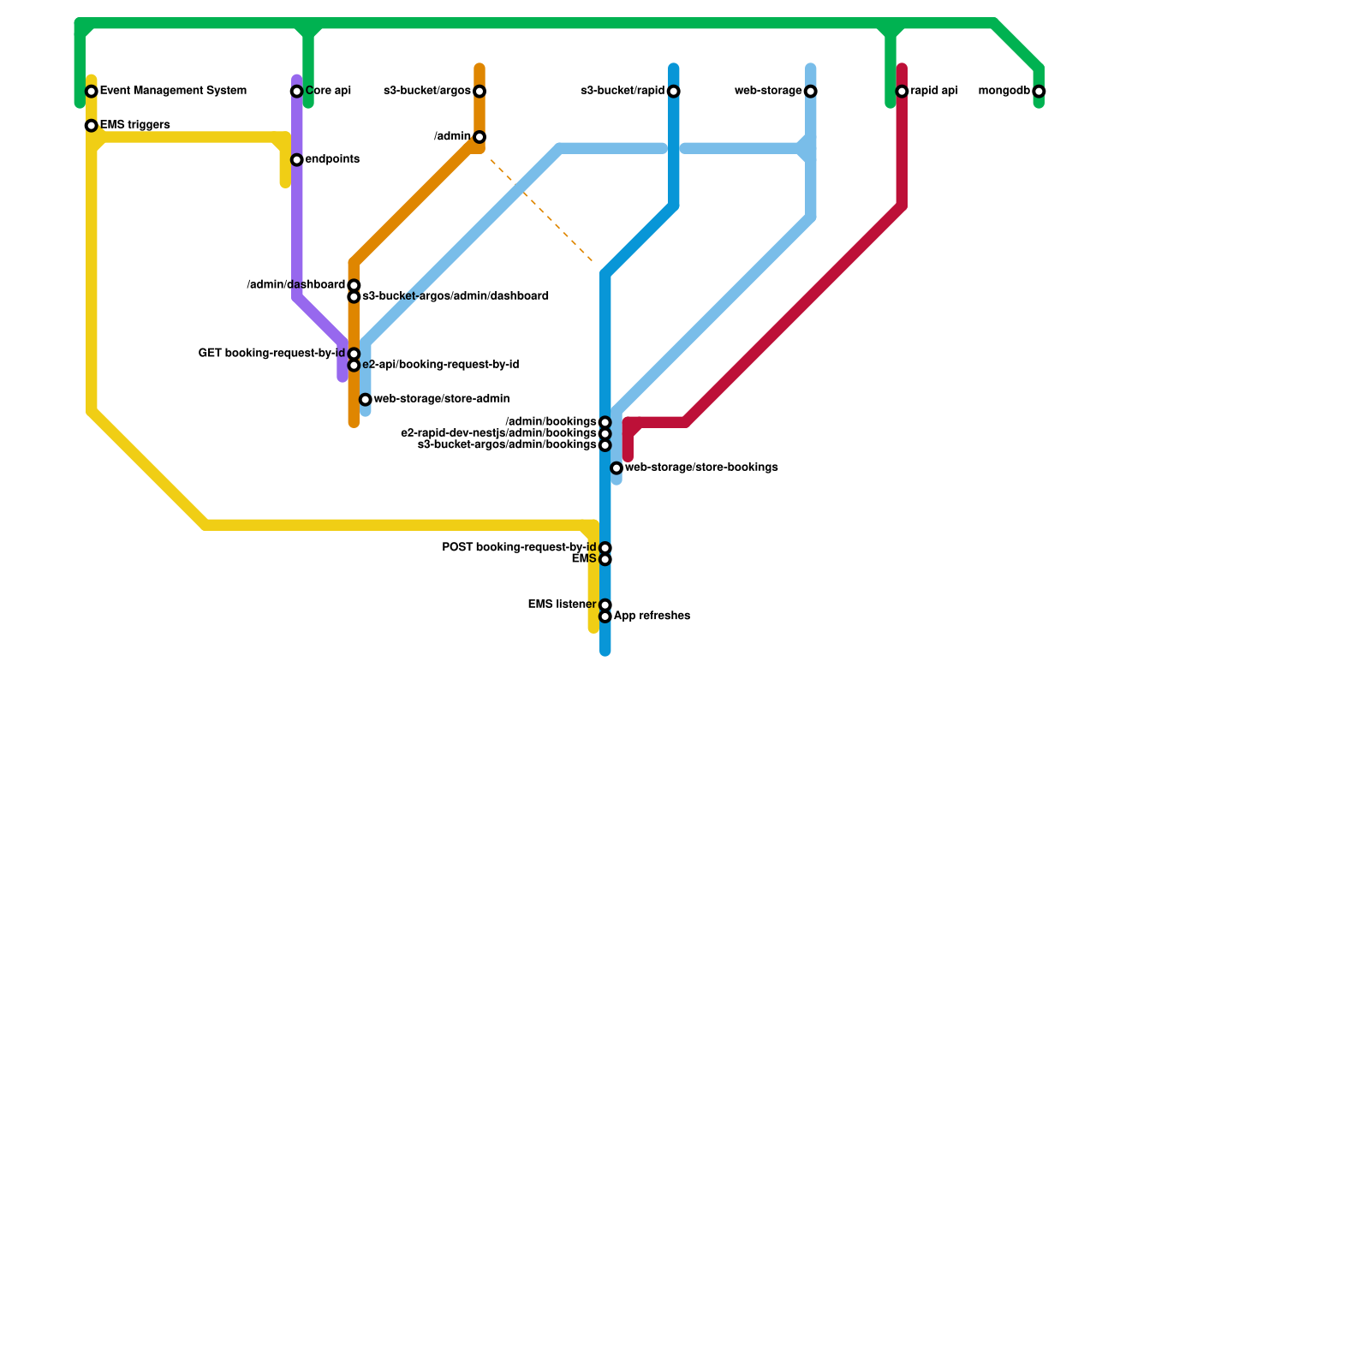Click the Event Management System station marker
pyautogui.click(x=92, y=92)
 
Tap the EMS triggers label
pyautogui.click(x=134, y=126)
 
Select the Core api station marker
pyautogui.click(x=296, y=92)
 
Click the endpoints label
pyautogui.click(x=331, y=160)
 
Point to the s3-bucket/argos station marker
pyautogui.click(x=479, y=92)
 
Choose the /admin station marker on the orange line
pyautogui.click(x=479, y=137)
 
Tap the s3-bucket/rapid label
pyautogui.click(x=622, y=92)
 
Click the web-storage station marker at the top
pyautogui.click(x=811, y=92)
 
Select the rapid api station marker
pyautogui.click(x=902, y=92)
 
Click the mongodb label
pyautogui.click(x=1004, y=92)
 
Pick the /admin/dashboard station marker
pyautogui.click(x=354, y=285)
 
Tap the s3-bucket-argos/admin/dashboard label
pyautogui.click(x=455, y=297)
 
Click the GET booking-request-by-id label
pyautogui.click(x=271, y=354)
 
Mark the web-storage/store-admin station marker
pyautogui.click(x=366, y=400)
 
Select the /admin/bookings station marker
pyautogui.click(x=605, y=422)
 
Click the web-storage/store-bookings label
pyautogui.click(x=700, y=468)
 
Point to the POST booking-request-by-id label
pyautogui.click(x=519, y=548)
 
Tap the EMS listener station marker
pyautogui.click(x=605, y=605)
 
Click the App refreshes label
pyautogui.click(x=652, y=616)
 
